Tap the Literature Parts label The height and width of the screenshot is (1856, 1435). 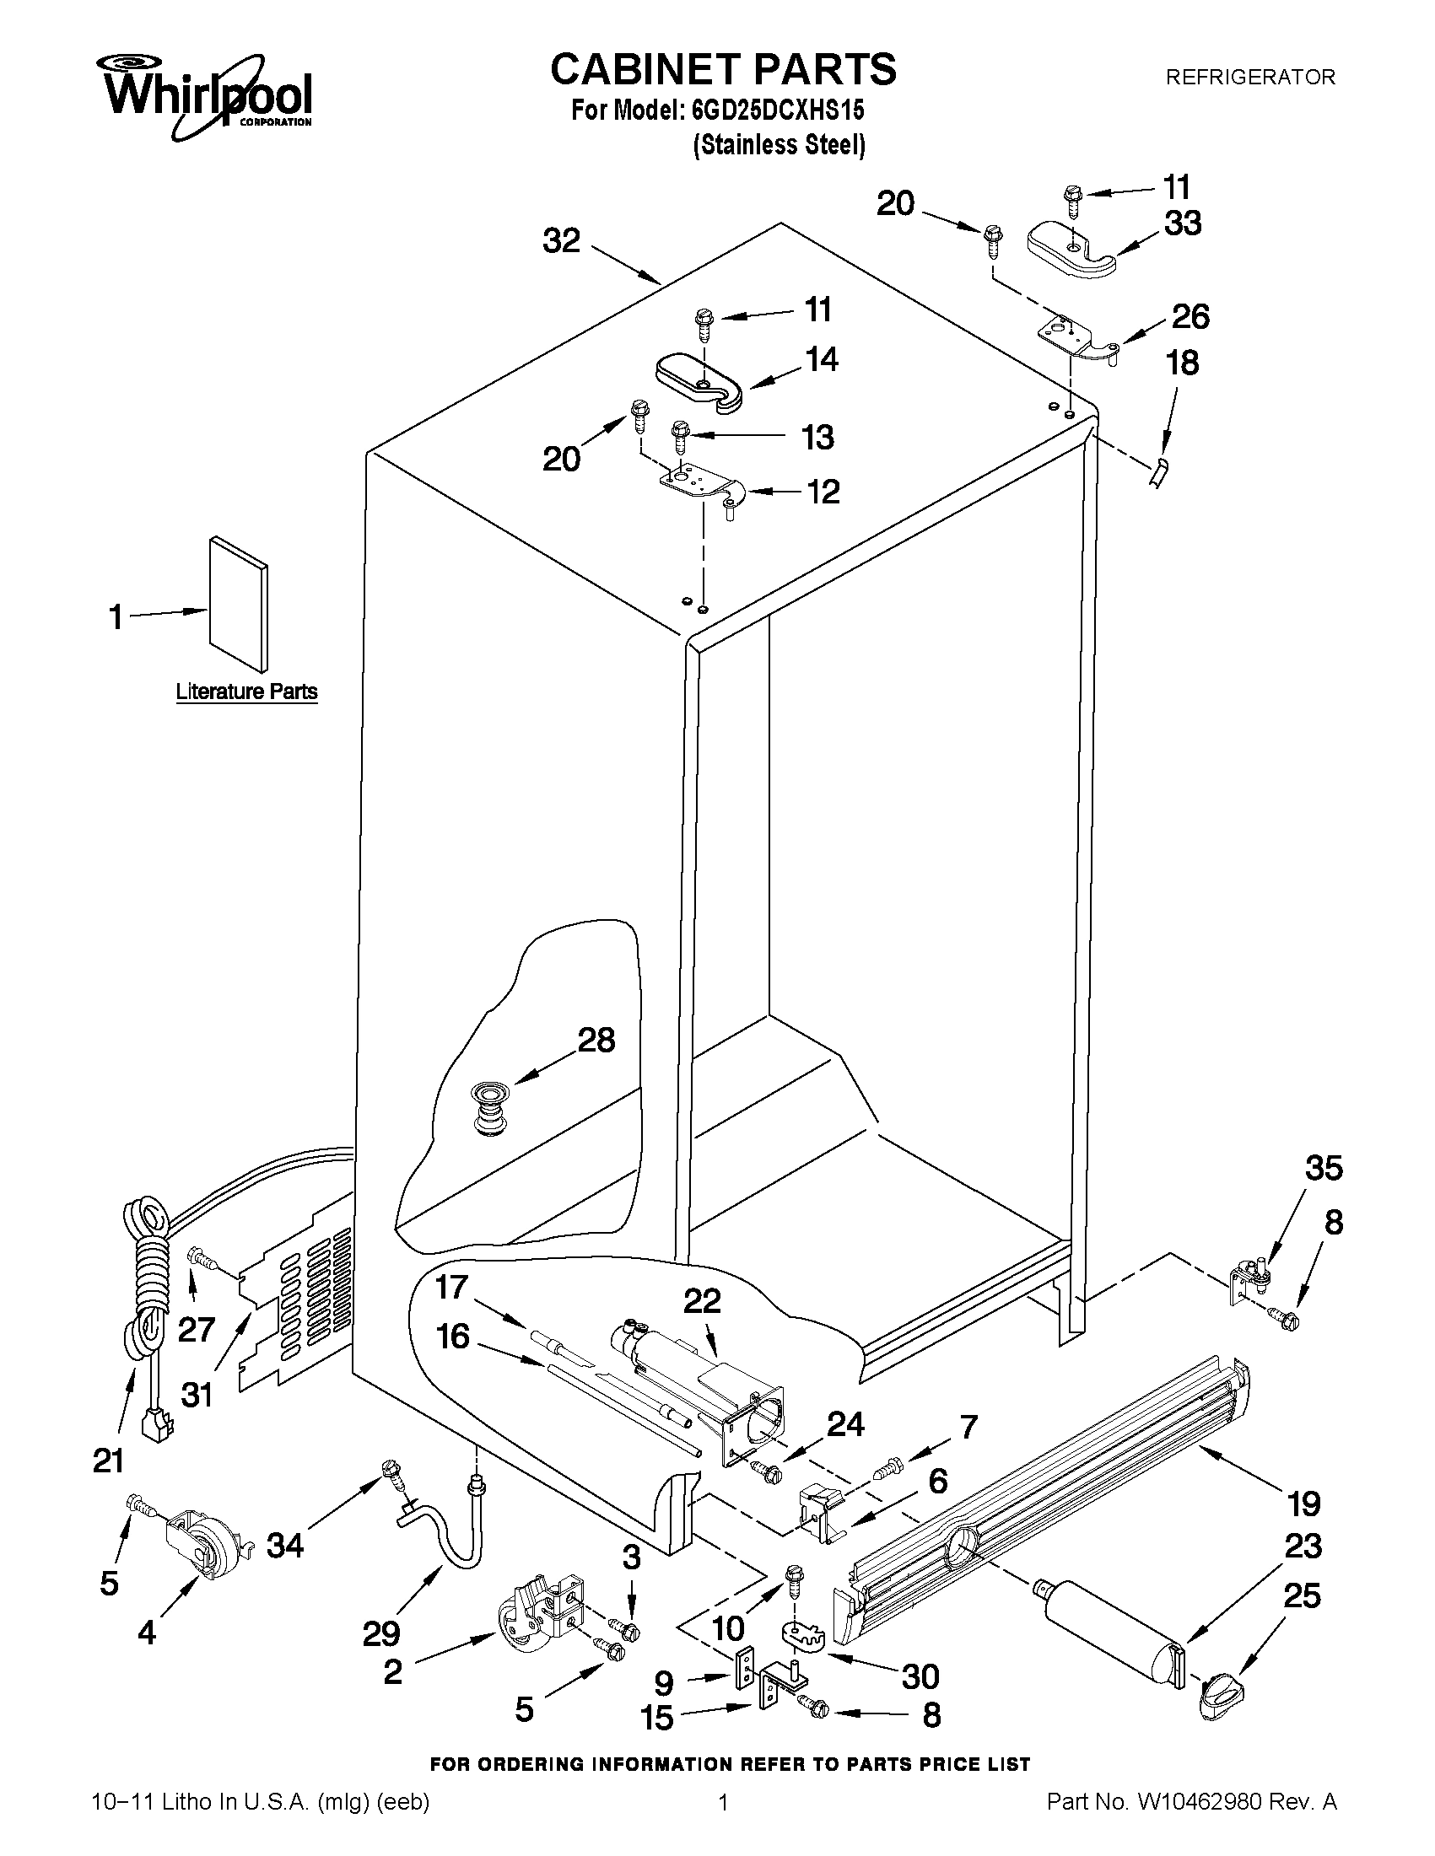(x=246, y=691)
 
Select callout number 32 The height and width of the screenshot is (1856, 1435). (x=561, y=241)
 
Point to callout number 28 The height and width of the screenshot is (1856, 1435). (x=596, y=1041)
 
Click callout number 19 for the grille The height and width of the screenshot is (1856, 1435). (x=1304, y=1504)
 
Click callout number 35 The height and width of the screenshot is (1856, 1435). (x=1324, y=1169)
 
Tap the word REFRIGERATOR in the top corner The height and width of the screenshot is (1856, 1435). (x=1249, y=78)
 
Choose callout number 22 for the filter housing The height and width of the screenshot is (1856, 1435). (x=702, y=1301)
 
